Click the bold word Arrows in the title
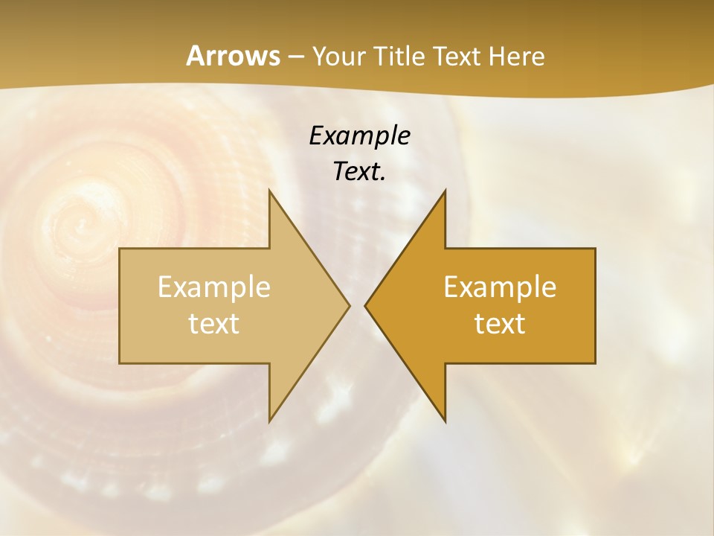point(233,56)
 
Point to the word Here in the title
point(517,57)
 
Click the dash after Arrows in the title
point(296,57)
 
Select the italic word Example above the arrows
point(360,135)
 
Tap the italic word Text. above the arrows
point(360,171)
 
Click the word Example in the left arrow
point(214,287)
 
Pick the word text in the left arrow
point(214,323)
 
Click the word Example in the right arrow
point(500,287)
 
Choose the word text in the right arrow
point(500,323)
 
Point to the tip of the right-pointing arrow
point(349,305)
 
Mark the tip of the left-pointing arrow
point(365,305)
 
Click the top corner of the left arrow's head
point(269,191)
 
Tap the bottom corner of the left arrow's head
point(269,421)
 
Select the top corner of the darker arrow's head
point(445,191)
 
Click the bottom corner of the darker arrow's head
point(445,421)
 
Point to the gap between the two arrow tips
point(357,305)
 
